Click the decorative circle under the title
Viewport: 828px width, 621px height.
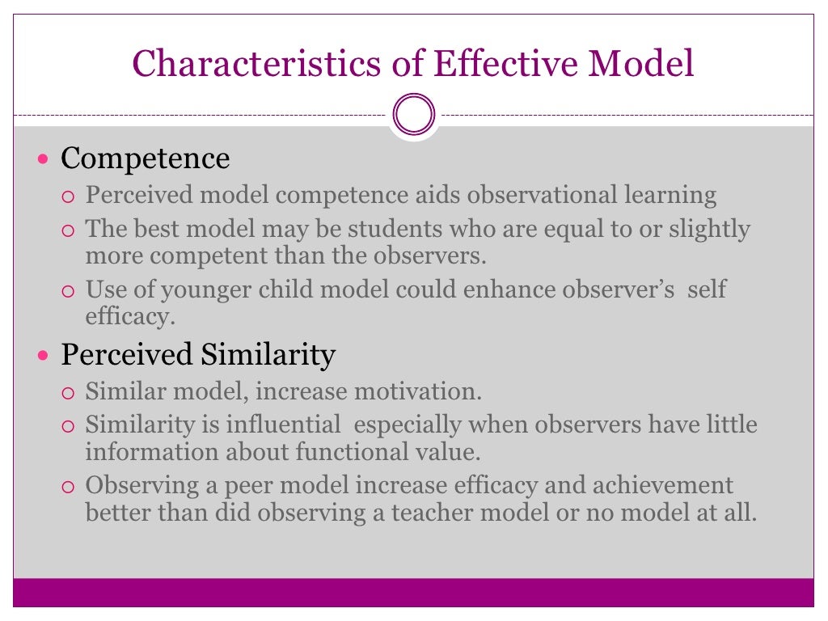tap(414, 115)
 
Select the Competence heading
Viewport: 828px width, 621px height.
tap(146, 158)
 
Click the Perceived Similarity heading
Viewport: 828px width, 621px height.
tap(198, 355)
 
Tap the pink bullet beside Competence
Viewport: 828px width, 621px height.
tap(44, 158)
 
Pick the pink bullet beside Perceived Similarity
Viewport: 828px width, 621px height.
tap(44, 356)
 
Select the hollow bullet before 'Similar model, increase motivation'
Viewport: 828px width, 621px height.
tap(68, 394)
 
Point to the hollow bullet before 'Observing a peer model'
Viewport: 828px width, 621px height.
tap(68, 488)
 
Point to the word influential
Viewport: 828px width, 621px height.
tap(283, 425)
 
